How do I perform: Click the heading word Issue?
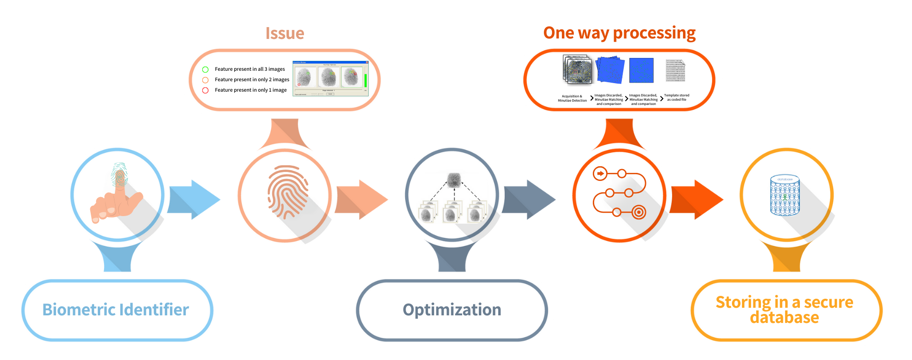[x=285, y=33]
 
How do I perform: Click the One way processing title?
[x=619, y=33]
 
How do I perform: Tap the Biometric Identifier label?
[x=115, y=310]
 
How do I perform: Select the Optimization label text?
[x=452, y=310]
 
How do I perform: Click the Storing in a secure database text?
[x=784, y=310]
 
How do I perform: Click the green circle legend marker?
[x=205, y=69]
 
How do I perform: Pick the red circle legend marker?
[x=205, y=90]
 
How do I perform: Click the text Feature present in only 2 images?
[x=252, y=80]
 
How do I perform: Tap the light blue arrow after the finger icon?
[x=195, y=199]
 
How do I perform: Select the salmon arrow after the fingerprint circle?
[x=362, y=199]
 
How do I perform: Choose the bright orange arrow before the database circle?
[x=697, y=199]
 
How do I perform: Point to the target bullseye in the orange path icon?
[x=639, y=212]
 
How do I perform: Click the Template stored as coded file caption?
[x=676, y=97]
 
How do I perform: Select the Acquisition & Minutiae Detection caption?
[x=572, y=98]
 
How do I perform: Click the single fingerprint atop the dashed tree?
[x=454, y=180]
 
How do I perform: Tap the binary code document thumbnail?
[x=675, y=71]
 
